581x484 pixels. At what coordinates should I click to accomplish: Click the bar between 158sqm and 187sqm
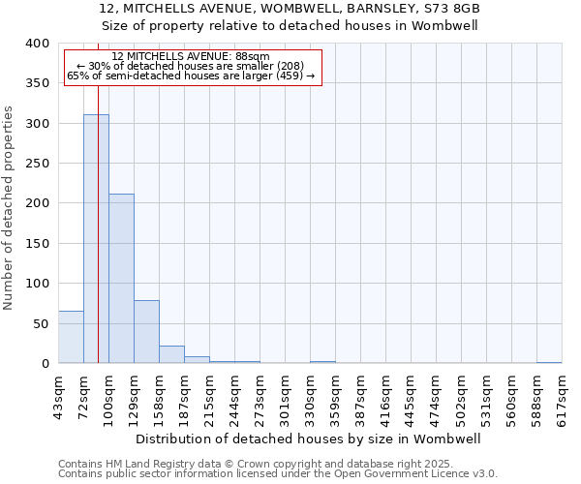171,354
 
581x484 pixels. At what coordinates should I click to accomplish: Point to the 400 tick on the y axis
37,44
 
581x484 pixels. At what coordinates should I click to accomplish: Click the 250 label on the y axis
37,164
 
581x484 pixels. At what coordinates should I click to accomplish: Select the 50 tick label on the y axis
41,323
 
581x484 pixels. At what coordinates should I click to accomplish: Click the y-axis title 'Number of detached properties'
9,203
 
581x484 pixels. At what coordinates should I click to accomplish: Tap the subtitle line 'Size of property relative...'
290,26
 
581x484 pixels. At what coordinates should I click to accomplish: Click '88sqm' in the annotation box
254,57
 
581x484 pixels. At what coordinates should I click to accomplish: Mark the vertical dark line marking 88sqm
98,242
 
